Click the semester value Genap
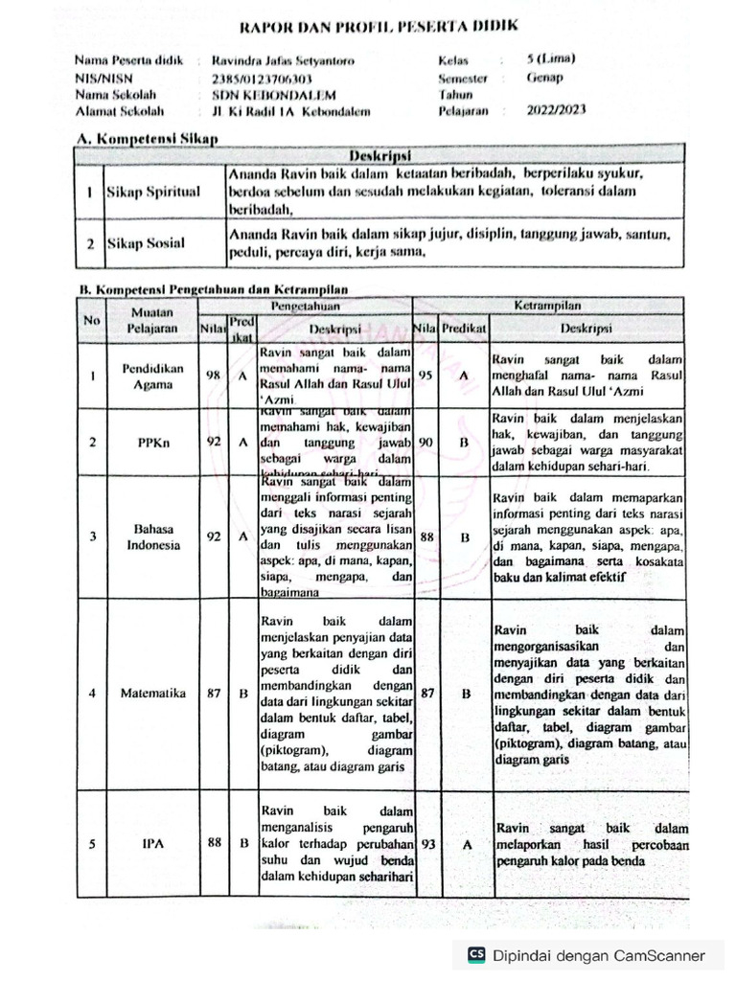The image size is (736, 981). [544, 79]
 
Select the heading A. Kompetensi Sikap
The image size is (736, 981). [148, 139]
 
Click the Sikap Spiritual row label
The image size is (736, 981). [152, 192]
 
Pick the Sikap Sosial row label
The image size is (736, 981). [145, 244]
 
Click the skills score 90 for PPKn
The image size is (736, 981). [425, 443]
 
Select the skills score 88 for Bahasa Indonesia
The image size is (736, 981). [426, 537]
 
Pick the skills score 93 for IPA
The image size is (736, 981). [426, 844]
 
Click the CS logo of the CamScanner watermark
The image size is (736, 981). [476, 954]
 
